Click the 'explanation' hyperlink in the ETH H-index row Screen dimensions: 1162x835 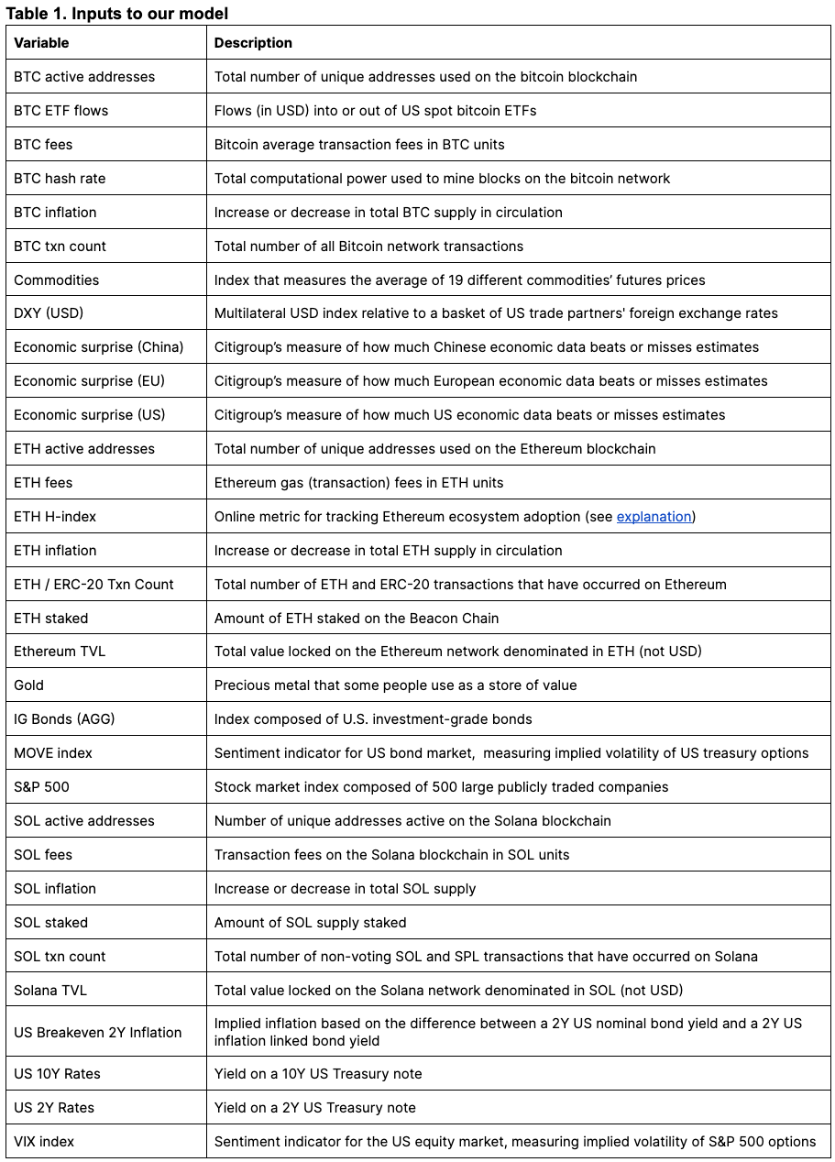(654, 517)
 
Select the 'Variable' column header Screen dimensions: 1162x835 (41, 43)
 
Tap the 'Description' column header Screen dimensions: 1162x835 (253, 43)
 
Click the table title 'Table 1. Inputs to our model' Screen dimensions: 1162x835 (117, 13)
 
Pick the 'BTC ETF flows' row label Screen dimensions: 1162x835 (60, 111)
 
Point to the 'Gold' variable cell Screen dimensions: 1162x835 (28, 685)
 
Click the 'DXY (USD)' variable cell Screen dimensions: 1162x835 (49, 313)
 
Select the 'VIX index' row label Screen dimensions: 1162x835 (44, 1142)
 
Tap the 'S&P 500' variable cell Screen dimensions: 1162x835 (41, 787)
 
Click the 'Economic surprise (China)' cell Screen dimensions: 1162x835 (99, 347)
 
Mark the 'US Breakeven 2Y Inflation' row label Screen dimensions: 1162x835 (98, 1033)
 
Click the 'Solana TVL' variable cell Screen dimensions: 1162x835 (50, 990)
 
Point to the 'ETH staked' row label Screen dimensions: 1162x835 (51, 619)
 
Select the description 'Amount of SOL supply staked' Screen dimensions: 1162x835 (310, 923)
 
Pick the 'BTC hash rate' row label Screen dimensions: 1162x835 (60, 179)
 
